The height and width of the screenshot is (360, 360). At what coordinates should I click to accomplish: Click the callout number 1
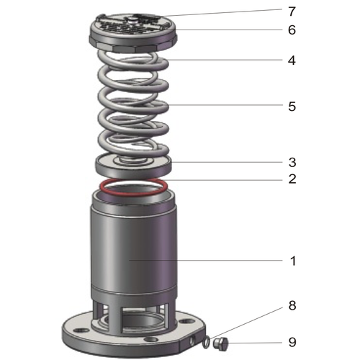coord(292,261)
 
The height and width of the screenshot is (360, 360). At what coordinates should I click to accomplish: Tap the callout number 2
coord(292,179)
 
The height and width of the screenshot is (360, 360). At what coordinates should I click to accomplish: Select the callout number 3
coord(292,162)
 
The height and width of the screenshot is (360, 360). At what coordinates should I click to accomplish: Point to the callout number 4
coord(292,60)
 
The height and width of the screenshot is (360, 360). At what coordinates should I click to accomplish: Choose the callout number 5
coord(292,107)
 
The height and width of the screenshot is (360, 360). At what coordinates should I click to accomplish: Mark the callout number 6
coord(292,30)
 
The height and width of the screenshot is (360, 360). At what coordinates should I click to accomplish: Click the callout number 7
coord(292,11)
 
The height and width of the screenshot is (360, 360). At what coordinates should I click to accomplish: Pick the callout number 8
coord(292,305)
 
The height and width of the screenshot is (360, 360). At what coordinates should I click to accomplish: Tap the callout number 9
coord(292,341)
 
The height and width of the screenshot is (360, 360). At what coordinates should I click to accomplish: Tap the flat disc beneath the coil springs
coord(134,165)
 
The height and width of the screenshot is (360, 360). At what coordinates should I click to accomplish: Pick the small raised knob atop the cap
coord(133,17)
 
